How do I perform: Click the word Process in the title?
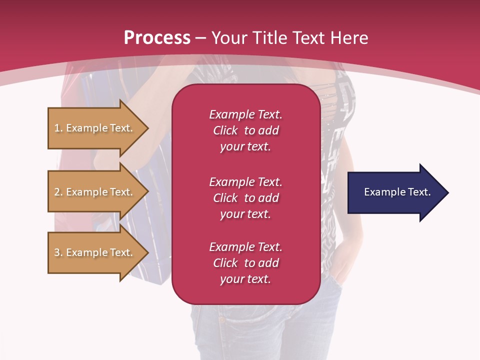click(157, 38)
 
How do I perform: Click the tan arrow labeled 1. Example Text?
click(95, 128)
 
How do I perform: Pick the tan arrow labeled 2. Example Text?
click(95, 192)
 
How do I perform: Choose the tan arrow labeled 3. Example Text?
click(95, 252)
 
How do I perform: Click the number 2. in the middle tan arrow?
click(58, 192)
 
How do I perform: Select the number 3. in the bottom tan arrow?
click(58, 252)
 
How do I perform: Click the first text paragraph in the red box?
click(245, 130)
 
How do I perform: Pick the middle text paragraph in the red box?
click(245, 197)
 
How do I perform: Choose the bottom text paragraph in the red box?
click(245, 263)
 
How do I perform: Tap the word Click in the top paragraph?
click(225, 130)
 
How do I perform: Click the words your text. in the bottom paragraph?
click(245, 279)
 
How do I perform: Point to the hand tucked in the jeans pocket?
click(341, 265)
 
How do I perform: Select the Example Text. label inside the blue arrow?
click(397, 192)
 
